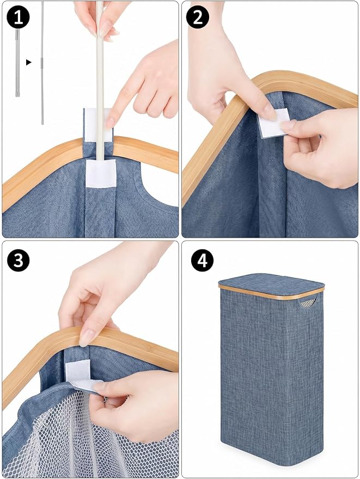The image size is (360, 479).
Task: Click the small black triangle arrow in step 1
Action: tap(29, 62)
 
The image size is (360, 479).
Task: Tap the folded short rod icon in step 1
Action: tap(18, 63)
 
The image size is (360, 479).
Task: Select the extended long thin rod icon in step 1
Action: tap(42, 63)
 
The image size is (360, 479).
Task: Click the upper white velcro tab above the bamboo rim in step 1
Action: tap(98, 124)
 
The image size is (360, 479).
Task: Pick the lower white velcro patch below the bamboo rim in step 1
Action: tap(101, 173)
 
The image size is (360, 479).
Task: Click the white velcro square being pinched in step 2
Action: tap(274, 123)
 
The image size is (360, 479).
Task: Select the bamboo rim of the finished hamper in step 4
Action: tap(271, 292)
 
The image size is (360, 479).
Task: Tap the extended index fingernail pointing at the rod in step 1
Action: tap(110, 122)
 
